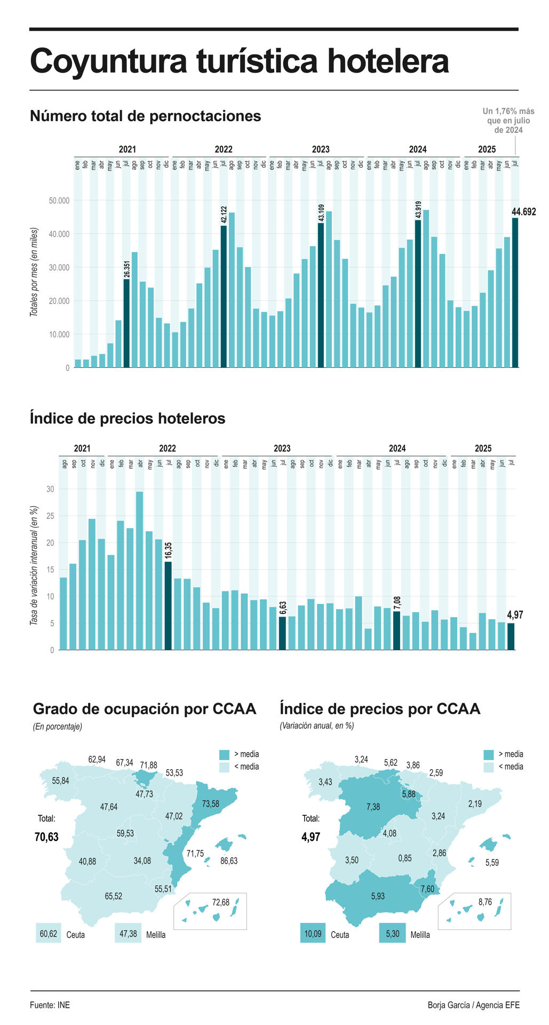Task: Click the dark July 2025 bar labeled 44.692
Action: click(x=515, y=293)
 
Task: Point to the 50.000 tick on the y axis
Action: click(x=59, y=201)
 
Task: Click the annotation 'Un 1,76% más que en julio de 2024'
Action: click(x=508, y=121)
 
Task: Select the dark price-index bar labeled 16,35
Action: click(x=168, y=605)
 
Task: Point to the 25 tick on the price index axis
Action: click(x=50, y=516)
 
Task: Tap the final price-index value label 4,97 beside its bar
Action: click(x=515, y=615)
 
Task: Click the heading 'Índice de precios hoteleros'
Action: click(x=128, y=418)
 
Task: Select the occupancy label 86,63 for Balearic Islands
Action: click(x=229, y=861)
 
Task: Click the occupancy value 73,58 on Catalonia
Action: click(x=210, y=803)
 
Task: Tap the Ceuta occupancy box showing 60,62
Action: click(x=48, y=934)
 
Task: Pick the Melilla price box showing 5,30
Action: click(x=392, y=934)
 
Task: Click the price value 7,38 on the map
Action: click(x=373, y=807)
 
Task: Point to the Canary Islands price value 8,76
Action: click(x=485, y=902)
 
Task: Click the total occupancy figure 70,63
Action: click(x=46, y=837)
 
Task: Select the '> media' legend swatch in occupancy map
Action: click(x=224, y=754)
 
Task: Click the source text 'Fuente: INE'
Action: click(x=50, y=1005)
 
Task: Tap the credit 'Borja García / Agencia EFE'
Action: click(x=473, y=1005)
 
